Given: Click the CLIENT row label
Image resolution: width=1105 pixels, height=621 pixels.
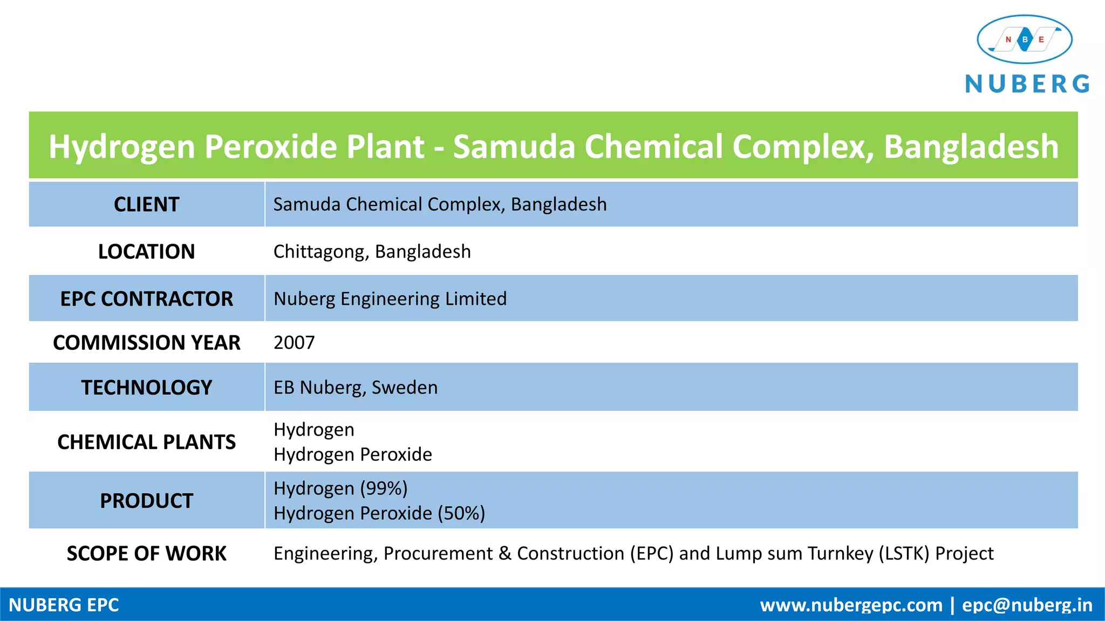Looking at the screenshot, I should (x=146, y=205).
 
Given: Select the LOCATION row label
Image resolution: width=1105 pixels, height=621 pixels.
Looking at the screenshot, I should (x=146, y=252).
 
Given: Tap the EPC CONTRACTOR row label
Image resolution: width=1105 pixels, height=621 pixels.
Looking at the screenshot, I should (x=146, y=299).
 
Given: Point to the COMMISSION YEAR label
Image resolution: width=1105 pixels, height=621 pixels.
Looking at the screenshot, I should (x=146, y=343).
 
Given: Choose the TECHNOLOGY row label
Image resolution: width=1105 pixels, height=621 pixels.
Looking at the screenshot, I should (x=146, y=388).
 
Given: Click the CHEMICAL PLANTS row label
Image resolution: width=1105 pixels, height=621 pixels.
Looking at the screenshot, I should (x=146, y=442).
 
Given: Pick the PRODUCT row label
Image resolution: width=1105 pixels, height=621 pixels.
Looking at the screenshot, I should (x=146, y=501).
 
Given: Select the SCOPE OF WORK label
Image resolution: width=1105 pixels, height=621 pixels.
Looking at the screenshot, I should (x=146, y=554).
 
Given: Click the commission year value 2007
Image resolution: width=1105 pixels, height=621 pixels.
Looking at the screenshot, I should (x=294, y=343).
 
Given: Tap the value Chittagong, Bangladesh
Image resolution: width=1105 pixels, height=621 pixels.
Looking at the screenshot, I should (x=372, y=252).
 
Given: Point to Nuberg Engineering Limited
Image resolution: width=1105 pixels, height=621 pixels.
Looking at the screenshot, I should (x=390, y=299).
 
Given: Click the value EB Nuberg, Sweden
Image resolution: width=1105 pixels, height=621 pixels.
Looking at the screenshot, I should (x=356, y=388).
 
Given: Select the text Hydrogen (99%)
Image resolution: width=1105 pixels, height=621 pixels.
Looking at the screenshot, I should (x=340, y=488).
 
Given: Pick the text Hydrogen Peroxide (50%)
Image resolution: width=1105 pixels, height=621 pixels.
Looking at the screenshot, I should (x=379, y=513).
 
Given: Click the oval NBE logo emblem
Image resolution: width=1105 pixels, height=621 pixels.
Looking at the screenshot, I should (x=1024, y=39).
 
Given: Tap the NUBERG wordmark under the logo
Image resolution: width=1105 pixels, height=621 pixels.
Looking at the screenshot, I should (x=1027, y=84).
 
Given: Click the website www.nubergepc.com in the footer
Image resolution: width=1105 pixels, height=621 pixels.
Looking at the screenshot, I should (x=851, y=605).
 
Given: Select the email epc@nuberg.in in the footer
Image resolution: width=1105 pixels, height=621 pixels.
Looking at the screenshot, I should (x=1027, y=605).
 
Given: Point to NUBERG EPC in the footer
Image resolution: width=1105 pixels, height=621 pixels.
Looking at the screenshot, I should (x=64, y=605).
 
